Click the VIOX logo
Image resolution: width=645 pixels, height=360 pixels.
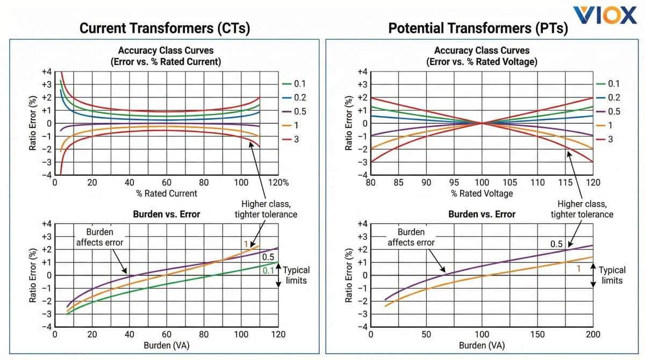605,15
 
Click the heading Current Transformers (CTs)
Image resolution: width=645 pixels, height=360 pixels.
164,28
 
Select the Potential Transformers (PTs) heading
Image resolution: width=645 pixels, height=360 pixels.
478,28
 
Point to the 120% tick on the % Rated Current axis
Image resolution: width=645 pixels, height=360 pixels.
279,183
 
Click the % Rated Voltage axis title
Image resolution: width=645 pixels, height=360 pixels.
482,193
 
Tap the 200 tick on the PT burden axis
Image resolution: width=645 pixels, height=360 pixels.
593,334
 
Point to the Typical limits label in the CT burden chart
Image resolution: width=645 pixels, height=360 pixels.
296,275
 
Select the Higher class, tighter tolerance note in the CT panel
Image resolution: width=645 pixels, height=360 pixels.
266,209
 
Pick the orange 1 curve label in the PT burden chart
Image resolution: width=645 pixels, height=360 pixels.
579,268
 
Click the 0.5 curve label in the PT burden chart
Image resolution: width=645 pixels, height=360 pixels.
556,244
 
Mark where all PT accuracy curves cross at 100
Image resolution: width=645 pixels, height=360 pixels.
482,124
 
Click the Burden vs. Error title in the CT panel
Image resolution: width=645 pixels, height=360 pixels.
166,214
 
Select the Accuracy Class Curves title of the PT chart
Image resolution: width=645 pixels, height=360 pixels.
482,56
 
